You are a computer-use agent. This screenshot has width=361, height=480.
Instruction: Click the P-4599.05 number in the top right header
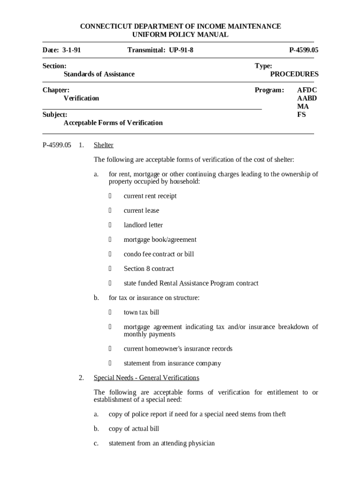303,50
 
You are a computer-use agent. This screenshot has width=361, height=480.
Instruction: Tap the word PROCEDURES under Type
294,74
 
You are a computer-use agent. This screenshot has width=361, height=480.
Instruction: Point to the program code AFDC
307,90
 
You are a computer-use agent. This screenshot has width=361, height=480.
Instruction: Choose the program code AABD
307,98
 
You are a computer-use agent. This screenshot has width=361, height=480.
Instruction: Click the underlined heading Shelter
104,145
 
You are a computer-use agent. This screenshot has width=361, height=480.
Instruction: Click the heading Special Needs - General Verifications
146,378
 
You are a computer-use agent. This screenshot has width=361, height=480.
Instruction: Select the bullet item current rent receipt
150,196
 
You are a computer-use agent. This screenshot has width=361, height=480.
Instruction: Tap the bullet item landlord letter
143,225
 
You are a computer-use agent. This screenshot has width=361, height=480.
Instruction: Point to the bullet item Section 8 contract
149,269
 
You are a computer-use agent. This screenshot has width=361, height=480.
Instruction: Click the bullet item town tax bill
141,312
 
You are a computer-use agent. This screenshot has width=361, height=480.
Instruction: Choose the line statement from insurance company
172,363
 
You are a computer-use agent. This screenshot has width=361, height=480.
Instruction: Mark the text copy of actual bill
134,429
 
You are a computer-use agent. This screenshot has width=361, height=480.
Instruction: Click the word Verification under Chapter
81,98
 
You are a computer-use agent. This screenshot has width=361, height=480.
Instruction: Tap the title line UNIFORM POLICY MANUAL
180,35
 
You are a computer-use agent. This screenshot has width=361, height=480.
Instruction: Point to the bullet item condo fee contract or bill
158,254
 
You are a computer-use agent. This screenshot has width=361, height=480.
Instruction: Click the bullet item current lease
141,210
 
